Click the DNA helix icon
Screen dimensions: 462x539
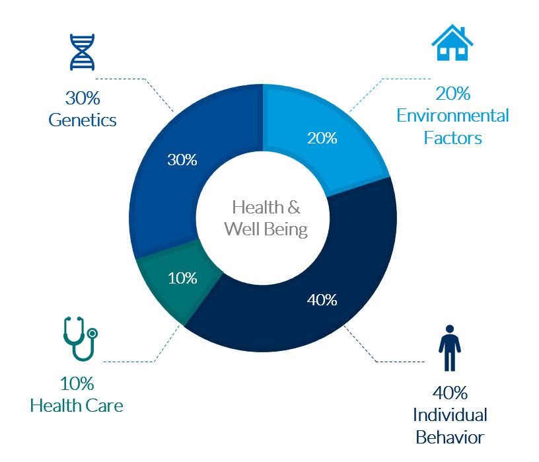click(83, 52)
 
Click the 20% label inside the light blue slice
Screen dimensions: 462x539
click(322, 138)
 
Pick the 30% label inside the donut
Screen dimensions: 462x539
click(182, 160)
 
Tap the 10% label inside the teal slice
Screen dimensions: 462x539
click(182, 278)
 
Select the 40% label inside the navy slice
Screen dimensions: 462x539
click(322, 299)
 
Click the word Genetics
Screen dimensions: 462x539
click(83, 120)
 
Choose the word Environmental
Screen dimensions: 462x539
click(452, 116)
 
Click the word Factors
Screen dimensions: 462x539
click(452, 138)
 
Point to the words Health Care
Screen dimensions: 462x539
click(77, 404)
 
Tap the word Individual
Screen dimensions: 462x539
click(450, 415)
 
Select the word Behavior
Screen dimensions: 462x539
click(450, 437)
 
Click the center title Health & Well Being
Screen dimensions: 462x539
click(266, 218)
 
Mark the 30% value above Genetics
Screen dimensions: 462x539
click(83, 98)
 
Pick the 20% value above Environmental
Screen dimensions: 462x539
click(452, 94)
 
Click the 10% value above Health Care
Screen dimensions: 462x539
click(77, 383)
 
